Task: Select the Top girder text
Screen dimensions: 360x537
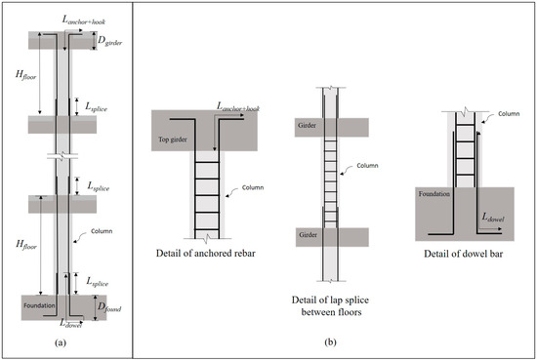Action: coord(177,140)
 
